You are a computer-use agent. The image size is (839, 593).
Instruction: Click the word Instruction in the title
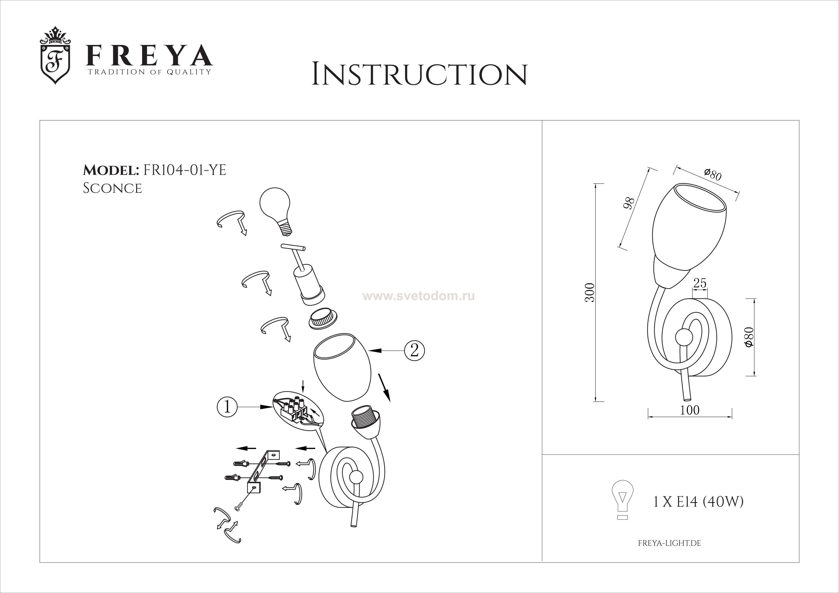419,75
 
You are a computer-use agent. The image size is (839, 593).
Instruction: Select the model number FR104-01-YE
185,170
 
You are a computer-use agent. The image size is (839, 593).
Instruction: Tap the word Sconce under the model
113,188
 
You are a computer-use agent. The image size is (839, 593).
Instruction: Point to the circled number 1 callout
227,407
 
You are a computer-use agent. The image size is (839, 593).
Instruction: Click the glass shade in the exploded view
343,367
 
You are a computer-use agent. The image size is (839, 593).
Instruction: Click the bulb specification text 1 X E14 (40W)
698,502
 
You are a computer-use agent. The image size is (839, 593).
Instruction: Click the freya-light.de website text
669,543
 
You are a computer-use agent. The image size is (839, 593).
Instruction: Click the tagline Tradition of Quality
149,72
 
